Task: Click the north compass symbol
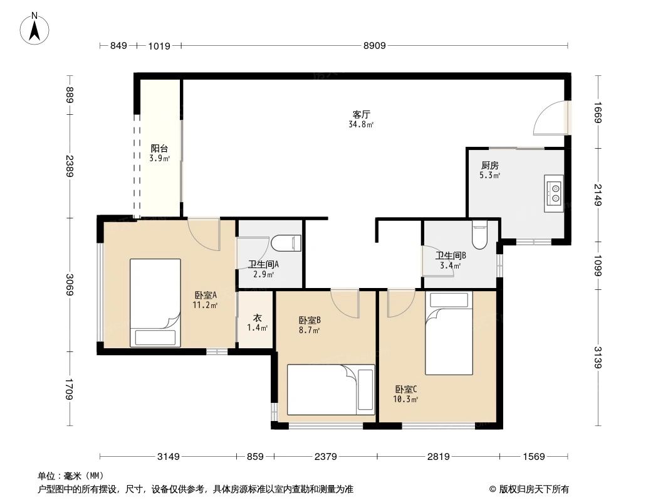[36, 29]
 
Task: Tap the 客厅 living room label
[362, 115]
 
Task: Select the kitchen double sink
[555, 191]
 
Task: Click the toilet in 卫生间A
[289, 243]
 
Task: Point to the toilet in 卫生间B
[479, 235]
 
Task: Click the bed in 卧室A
[155, 302]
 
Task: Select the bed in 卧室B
[330, 389]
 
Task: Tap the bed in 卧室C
[449, 333]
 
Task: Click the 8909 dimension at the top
[374, 45]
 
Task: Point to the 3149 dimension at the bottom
[169, 456]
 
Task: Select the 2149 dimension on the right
[598, 195]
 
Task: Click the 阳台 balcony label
[159, 149]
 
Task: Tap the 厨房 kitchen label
[490, 166]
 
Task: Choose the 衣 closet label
[257, 318]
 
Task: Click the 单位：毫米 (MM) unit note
[70, 476]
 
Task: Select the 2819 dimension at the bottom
[439, 456]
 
